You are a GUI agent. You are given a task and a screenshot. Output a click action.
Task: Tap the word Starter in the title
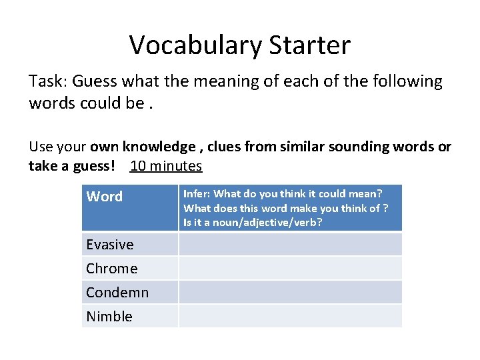pos(309,45)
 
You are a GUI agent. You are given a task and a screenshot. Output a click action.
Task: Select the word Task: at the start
pos(47,82)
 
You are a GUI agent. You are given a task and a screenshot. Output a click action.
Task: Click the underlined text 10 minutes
pos(166,165)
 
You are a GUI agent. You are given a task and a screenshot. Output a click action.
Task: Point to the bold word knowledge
pos(159,147)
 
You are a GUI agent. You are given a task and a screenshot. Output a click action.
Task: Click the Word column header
pos(105,197)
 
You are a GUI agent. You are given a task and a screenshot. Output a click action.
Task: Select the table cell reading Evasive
pos(110,245)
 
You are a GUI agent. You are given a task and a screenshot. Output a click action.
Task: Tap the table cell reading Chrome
pos(111,269)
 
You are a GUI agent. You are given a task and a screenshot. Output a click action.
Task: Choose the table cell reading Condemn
pos(117,293)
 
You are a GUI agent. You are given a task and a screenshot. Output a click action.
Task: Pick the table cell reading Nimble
pos(109,317)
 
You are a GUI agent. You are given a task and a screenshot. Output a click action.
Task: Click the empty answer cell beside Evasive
pos(290,245)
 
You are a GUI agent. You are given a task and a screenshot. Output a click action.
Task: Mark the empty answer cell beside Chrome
pos(290,269)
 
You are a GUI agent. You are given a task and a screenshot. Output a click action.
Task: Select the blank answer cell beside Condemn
pos(290,293)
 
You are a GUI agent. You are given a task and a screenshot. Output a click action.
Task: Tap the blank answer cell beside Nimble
pos(290,317)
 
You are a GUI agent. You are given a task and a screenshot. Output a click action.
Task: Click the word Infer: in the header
pos(197,194)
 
